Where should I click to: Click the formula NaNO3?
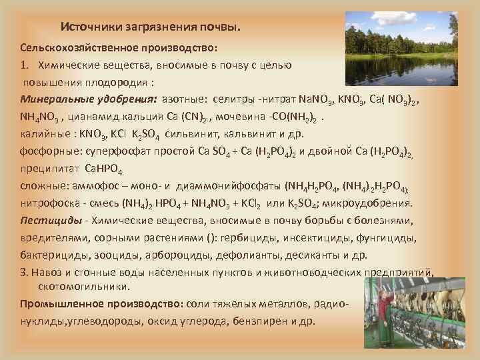pos(317,99)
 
